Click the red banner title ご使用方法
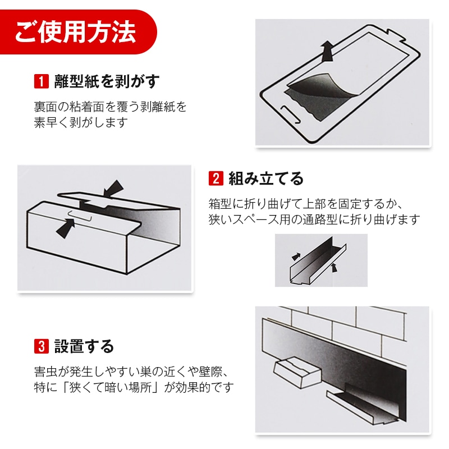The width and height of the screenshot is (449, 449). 75,31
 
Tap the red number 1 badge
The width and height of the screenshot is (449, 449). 42,81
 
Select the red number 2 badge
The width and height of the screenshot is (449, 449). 216,178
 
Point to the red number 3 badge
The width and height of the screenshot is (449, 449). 42,346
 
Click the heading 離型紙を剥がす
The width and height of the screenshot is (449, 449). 107,81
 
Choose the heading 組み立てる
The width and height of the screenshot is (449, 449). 266,178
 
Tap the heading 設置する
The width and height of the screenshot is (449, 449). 84,346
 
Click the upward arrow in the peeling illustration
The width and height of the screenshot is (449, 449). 327,51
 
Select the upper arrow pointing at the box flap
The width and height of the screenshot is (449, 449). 114,189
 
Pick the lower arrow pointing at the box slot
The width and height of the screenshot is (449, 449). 66,228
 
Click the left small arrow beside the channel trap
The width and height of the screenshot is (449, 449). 296,256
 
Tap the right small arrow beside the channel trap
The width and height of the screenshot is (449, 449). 333,268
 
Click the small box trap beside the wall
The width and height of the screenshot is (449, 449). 297,372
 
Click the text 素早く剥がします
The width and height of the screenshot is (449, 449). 81,122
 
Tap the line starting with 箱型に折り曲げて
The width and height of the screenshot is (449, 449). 306,204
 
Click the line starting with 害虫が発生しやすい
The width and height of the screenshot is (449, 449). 132,372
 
